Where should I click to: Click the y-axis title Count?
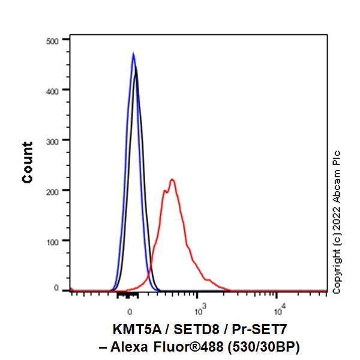[28, 162]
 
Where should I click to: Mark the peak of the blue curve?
[133, 53]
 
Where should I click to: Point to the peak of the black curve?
[137, 68]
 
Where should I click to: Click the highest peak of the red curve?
[172, 179]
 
